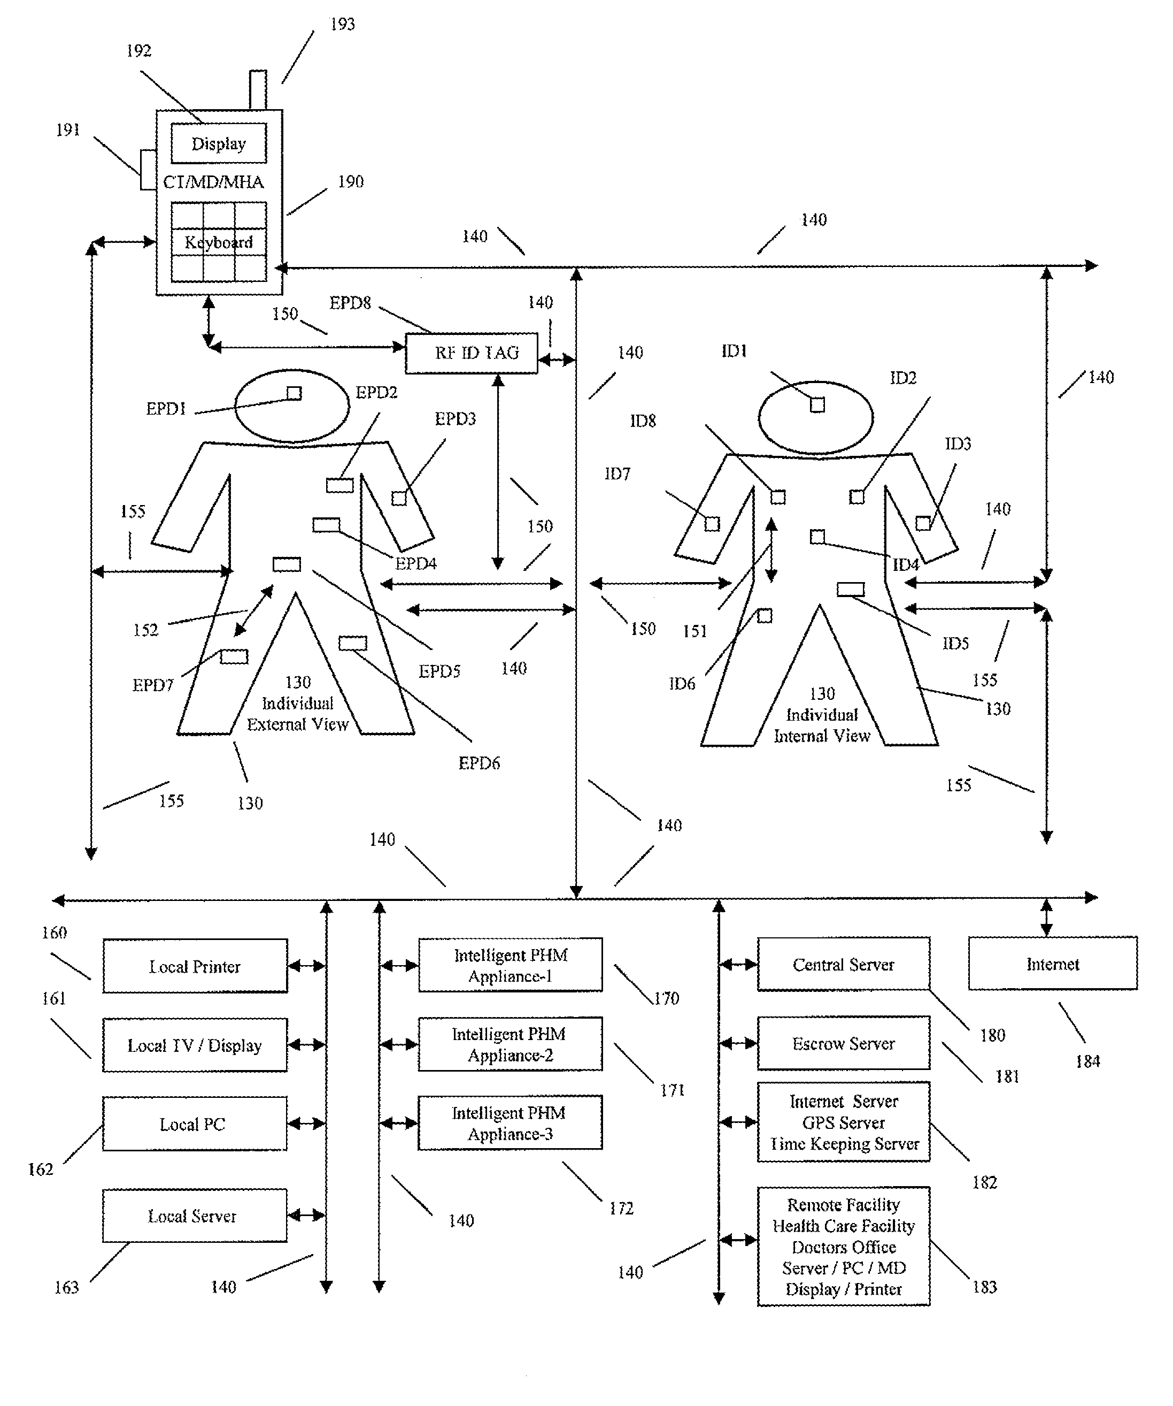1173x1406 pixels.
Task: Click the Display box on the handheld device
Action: tap(218, 143)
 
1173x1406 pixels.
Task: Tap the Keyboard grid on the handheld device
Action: tap(218, 242)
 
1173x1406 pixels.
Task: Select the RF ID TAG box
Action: tap(472, 353)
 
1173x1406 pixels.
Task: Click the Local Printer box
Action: tap(195, 966)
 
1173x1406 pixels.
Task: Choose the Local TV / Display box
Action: tap(195, 1045)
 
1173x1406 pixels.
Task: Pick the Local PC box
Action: tap(195, 1124)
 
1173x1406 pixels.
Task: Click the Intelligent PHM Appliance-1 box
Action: tap(510, 965)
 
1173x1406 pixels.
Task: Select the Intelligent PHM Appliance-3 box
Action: tap(510, 1123)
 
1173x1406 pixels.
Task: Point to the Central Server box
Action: tap(843, 964)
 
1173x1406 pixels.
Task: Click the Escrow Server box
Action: tap(843, 1043)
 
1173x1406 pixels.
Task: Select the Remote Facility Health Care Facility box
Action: tap(843, 1247)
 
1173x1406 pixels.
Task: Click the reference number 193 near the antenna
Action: tap(342, 24)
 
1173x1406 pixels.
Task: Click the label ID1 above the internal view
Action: tap(734, 351)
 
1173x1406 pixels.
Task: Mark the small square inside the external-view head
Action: tap(294, 393)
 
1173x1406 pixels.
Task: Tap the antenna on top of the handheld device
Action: tap(258, 89)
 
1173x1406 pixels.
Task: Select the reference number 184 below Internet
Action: tap(1087, 1061)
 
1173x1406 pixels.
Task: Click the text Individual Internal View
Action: tap(822, 725)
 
